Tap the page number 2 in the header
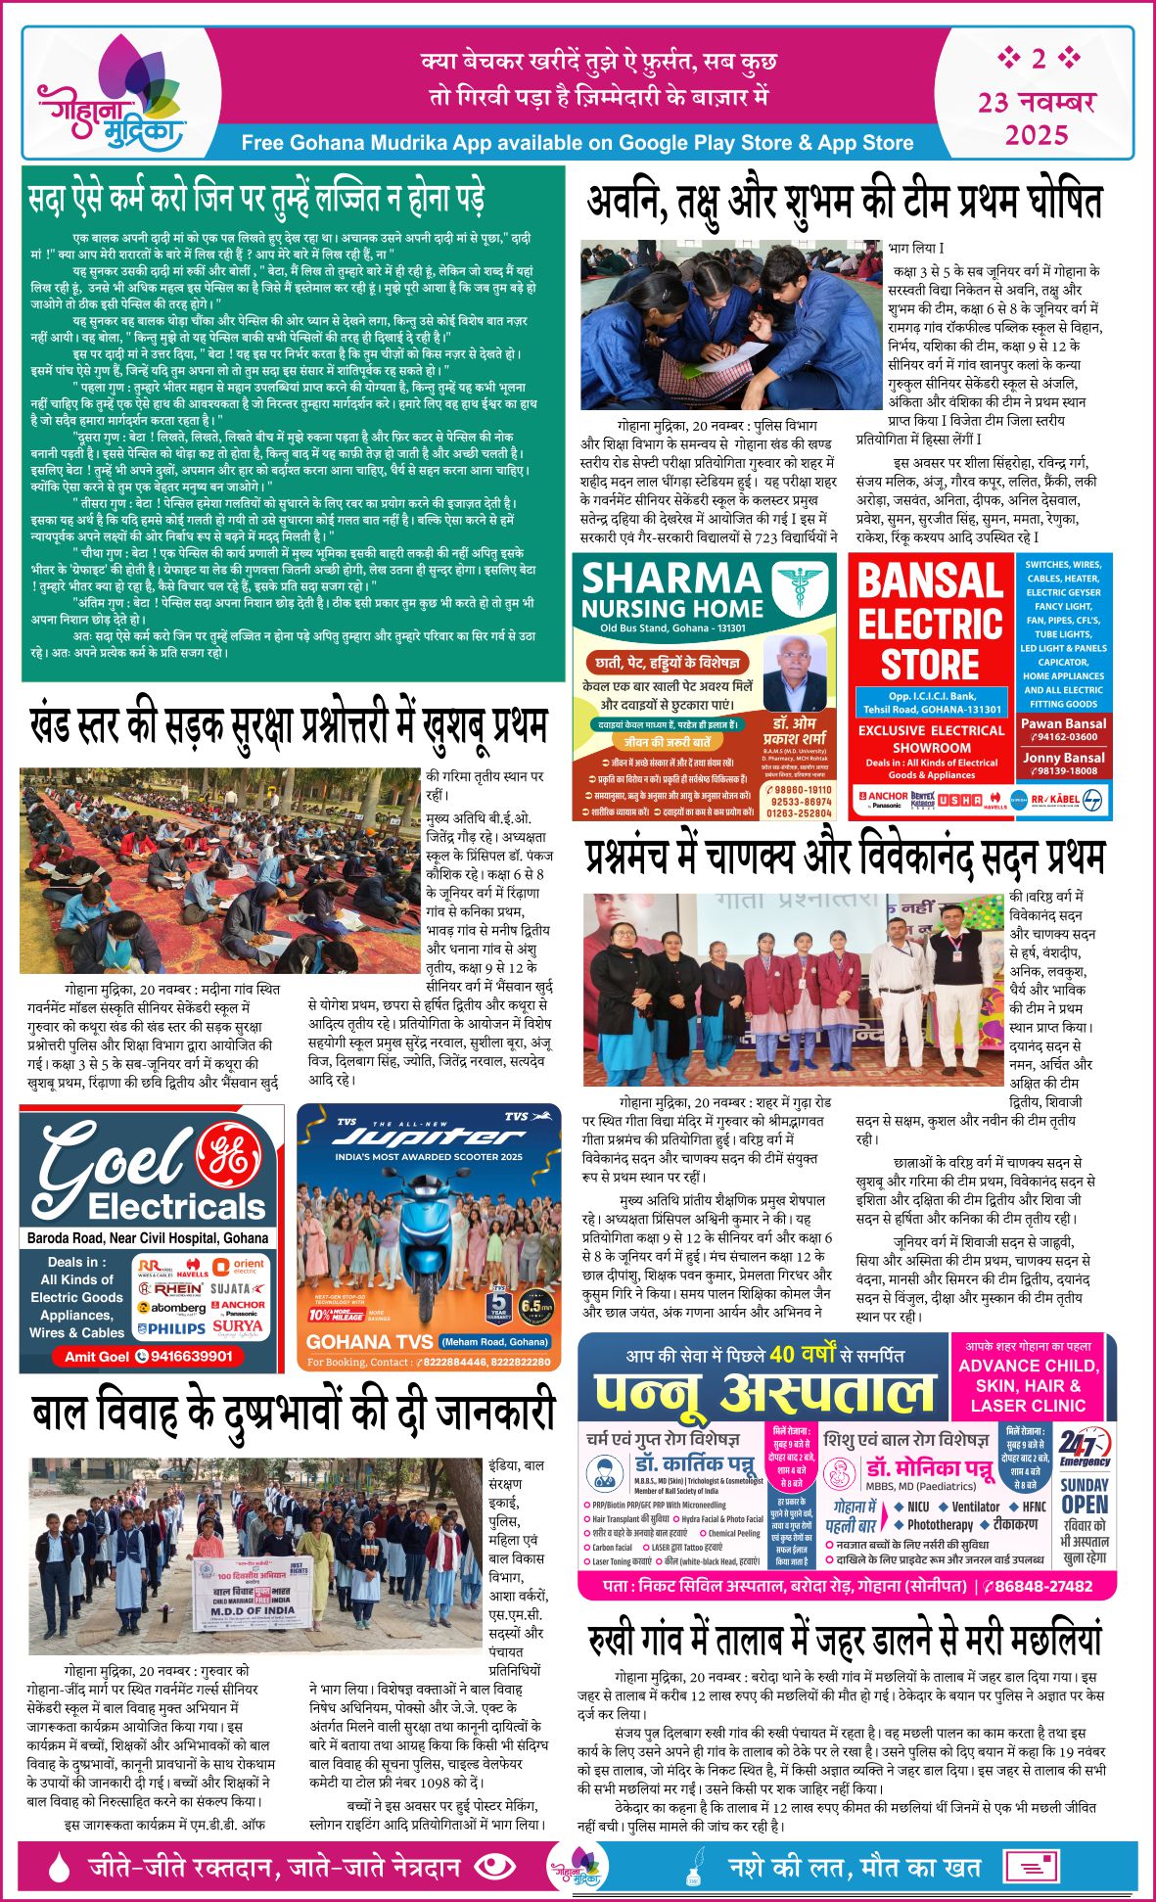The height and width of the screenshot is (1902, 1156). [x=1038, y=59]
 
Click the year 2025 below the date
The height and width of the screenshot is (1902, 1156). [x=1037, y=134]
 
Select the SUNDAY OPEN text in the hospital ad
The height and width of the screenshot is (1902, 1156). [x=1085, y=1496]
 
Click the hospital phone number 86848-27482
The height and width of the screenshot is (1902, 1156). [x=1046, y=1587]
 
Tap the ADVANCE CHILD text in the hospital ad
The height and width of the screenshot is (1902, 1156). [x=1028, y=1366]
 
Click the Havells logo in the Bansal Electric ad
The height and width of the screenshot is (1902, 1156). [x=994, y=800]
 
